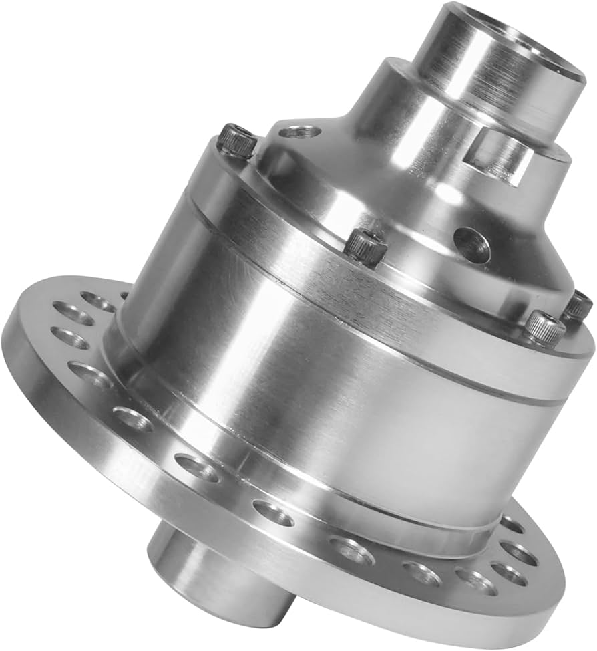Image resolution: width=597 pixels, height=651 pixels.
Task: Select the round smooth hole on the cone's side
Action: (x=472, y=245)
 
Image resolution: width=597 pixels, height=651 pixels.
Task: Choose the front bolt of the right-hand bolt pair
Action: (x=545, y=327)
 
